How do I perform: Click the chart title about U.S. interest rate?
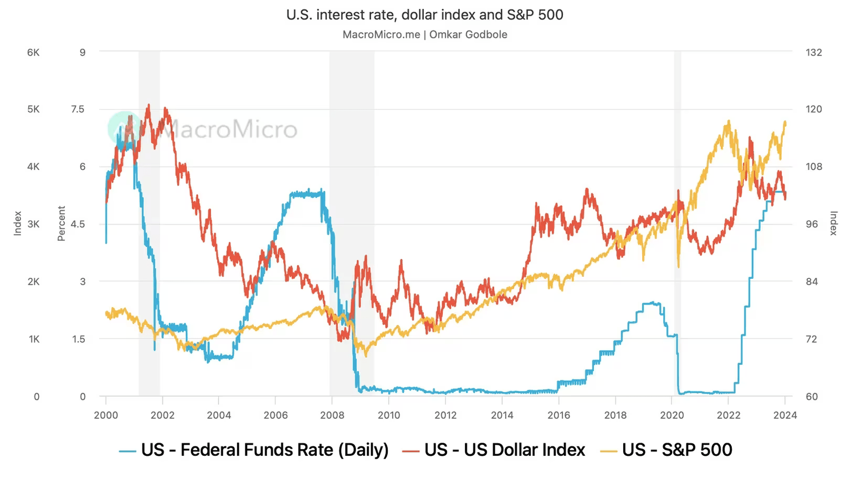point(424,15)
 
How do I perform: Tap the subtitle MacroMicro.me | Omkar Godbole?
point(424,34)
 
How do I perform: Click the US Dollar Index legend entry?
point(494,450)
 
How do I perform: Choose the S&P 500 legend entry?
point(667,450)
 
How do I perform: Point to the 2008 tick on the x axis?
point(332,415)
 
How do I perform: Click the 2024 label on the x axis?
point(785,415)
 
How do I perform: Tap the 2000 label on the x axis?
point(106,415)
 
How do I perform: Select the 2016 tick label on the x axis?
point(558,415)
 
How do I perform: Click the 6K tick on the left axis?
point(33,53)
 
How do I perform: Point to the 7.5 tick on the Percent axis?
point(78,109)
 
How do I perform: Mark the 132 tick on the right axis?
point(813,53)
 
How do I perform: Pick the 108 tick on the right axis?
point(813,167)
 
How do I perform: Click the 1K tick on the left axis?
point(34,339)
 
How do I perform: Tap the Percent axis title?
point(61,224)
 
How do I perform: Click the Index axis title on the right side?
point(833,224)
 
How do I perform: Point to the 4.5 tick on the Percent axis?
point(78,224)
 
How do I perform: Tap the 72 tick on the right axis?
point(811,339)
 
